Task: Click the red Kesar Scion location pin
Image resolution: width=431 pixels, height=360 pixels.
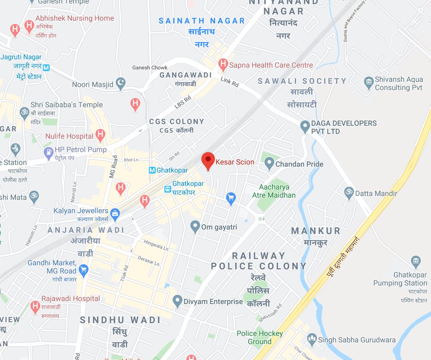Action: (209, 161)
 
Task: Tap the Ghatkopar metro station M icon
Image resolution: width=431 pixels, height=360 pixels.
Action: (152, 170)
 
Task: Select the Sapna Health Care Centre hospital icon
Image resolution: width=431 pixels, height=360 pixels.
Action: (223, 65)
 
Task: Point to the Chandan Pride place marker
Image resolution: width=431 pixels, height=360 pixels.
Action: (269, 164)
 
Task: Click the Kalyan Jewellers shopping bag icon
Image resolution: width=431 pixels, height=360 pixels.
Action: (115, 213)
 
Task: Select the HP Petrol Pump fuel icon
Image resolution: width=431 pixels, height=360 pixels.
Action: (48, 152)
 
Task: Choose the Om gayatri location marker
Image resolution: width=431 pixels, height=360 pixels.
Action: (195, 226)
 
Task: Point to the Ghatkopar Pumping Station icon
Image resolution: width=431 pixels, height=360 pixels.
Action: (415, 261)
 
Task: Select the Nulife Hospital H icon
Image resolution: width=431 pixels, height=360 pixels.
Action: (100, 136)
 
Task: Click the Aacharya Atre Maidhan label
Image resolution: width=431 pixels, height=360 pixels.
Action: (277, 191)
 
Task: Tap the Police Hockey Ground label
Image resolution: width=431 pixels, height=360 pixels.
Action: (259, 337)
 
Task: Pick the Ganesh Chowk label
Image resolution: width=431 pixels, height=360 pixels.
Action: (150, 68)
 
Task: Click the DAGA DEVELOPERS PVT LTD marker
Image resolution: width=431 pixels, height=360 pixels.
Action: (305, 126)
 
